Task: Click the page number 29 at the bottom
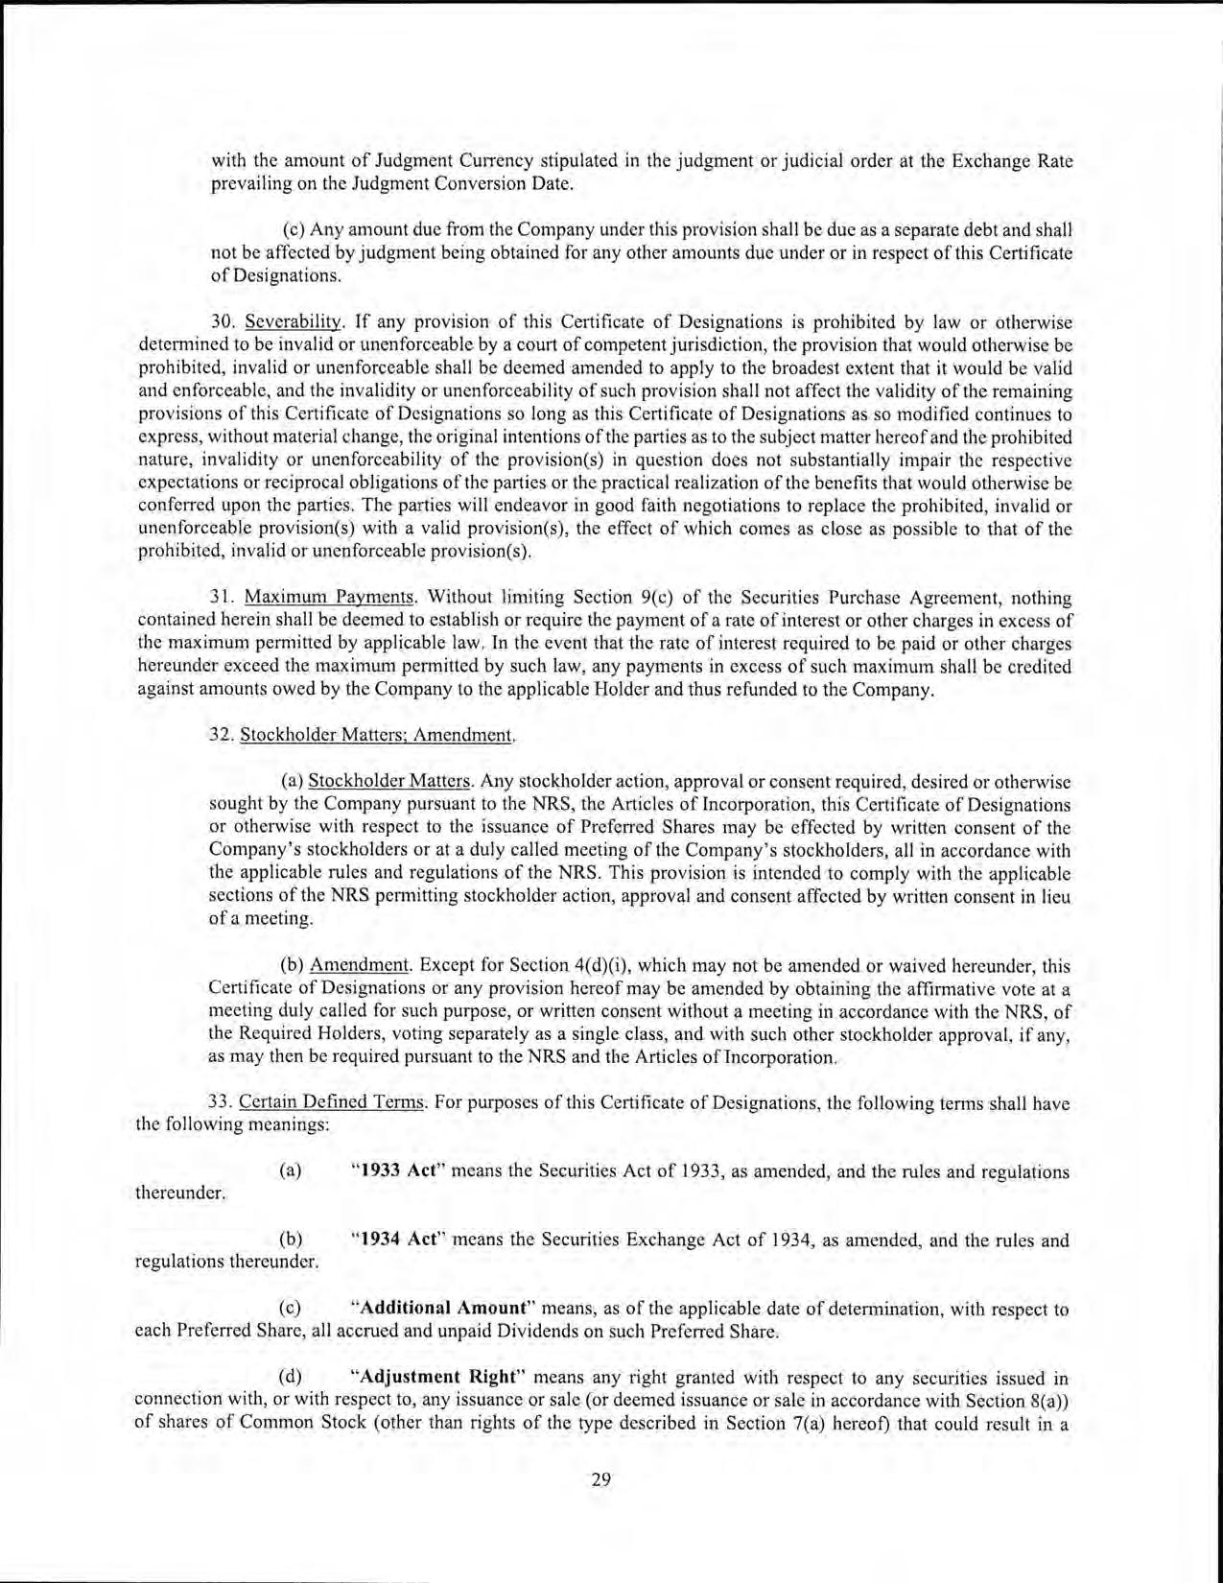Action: click(601, 1478)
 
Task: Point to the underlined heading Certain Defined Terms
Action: click(331, 1102)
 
